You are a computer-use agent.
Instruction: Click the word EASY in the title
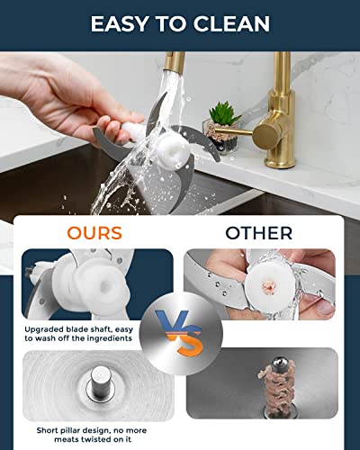123,23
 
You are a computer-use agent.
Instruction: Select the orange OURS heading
94,232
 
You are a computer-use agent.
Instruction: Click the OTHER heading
259,232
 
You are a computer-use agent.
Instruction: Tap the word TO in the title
177,23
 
